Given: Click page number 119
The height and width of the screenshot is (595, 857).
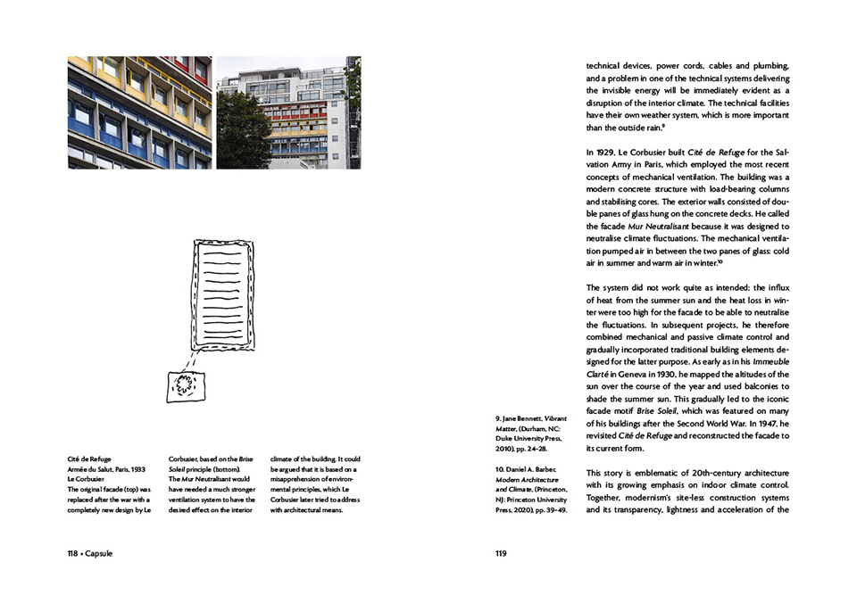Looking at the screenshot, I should click(501, 553).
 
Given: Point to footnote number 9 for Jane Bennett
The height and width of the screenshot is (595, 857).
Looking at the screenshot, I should click(496, 417).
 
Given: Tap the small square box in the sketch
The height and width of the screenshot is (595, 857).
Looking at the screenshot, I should click(187, 385).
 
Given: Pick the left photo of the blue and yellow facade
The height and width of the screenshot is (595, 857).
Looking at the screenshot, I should click(138, 112).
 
